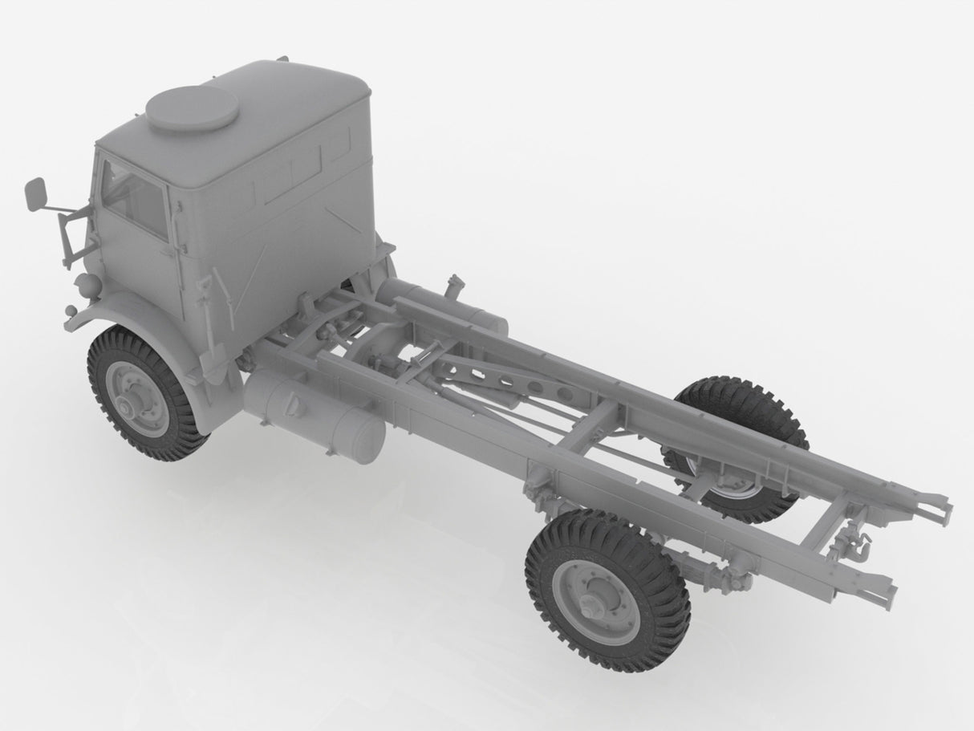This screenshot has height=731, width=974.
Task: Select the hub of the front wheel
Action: tap(128, 401)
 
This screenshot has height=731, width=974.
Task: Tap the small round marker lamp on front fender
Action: tap(70, 311)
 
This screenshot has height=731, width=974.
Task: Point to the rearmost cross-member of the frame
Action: tap(834, 522)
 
